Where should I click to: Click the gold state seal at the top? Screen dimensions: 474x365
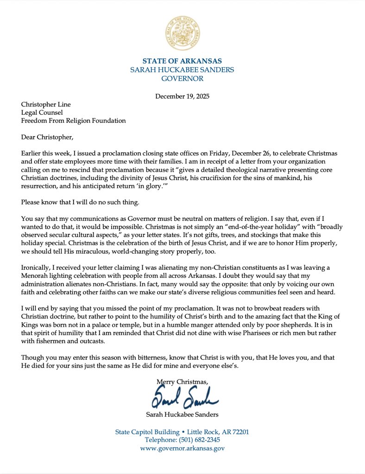coord(182,32)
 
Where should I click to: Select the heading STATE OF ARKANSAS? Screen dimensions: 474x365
coord(182,61)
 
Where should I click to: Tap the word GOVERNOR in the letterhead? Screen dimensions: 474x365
coord(182,79)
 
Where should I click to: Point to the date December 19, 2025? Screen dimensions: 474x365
coord(182,96)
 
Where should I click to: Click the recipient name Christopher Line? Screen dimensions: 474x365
coord(48,104)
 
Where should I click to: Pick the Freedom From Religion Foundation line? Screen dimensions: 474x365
coord(73,121)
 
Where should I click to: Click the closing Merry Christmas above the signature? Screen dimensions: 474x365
coord(182,381)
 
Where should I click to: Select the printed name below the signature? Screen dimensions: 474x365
coord(182,414)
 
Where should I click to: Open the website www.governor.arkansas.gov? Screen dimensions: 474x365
coord(182,449)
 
